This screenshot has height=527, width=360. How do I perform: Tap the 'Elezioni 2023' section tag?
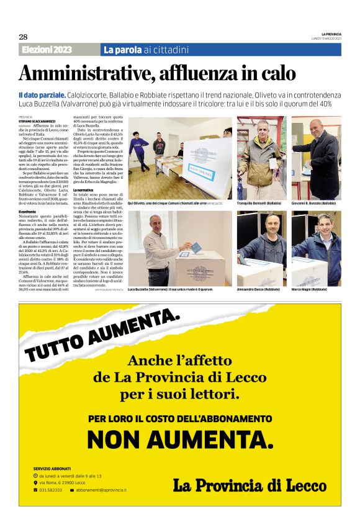(47, 50)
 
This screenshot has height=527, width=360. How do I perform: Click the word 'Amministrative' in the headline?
(86, 73)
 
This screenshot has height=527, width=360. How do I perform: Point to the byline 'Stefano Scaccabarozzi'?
(37, 121)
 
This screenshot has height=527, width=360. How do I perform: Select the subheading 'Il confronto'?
(28, 212)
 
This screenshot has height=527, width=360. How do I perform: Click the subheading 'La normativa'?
(83, 190)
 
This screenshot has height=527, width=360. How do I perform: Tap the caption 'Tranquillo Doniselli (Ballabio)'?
(259, 203)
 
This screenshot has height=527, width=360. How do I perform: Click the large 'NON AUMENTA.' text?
(180, 439)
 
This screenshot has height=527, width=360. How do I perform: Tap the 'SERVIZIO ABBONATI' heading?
(52, 468)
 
